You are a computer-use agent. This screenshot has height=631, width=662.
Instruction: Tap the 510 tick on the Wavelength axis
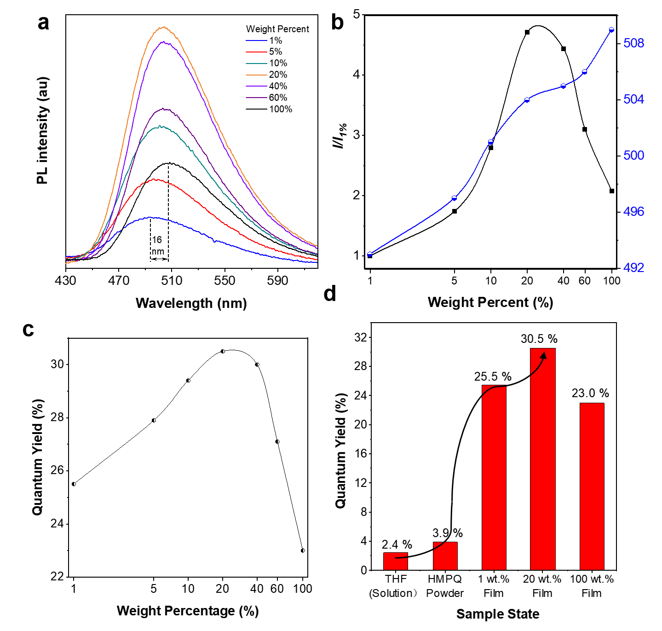[172, 280]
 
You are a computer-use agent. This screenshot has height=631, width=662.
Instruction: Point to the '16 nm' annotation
[157, 245]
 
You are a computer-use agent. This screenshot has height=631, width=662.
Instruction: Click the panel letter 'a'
[43, 22]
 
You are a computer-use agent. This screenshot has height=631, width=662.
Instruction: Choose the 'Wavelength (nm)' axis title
[191, 303]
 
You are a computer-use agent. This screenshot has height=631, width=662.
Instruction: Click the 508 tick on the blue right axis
[633, 43]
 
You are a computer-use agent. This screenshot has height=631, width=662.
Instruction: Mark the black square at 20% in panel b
[527, 32]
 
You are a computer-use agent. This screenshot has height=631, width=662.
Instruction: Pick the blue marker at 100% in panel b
[611, 30]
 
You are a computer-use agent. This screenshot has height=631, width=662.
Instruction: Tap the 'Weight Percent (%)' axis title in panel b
[490, 302]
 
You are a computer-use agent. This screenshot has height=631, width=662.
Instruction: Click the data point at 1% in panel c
[74, 484]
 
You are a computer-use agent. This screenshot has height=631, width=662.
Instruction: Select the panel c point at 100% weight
[303, 550]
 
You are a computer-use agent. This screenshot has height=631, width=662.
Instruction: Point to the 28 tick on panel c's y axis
[57, 418]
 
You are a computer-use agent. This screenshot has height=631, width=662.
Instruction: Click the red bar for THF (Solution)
[396, 561]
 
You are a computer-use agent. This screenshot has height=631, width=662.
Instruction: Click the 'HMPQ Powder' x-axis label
[444, 586]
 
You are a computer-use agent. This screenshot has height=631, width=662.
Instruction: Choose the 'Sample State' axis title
[498, 614]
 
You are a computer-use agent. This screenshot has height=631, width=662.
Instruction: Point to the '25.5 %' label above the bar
[493, 376]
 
